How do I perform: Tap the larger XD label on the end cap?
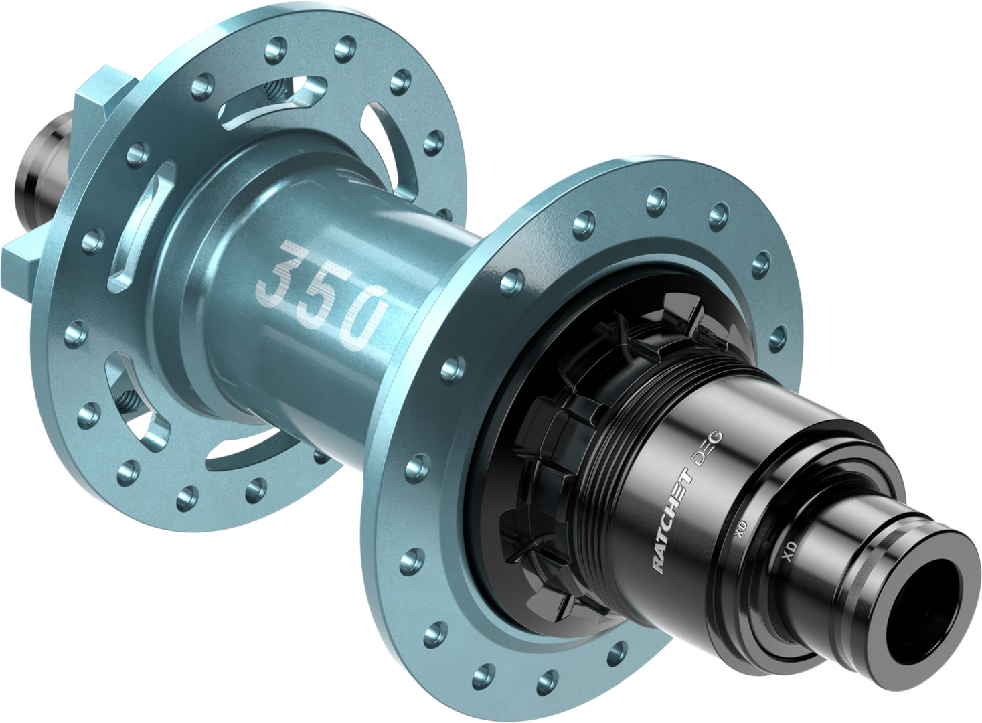[x=789, y=551]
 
